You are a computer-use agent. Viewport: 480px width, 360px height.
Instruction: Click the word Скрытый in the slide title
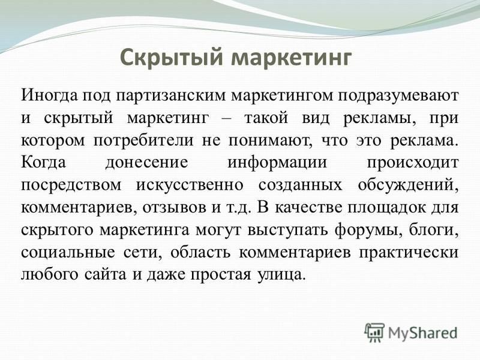pos(171,57)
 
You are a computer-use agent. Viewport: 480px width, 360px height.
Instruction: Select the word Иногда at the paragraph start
pos(50,95)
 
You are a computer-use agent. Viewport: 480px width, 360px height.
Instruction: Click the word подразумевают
pos(398,96)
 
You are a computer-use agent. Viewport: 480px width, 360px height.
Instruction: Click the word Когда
pos(43,163)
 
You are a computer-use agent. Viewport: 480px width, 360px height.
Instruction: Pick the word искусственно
pos(190,185)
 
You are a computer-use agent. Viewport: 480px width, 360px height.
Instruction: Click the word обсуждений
pos(408,185)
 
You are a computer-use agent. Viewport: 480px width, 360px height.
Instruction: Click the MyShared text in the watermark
pos(423,333)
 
